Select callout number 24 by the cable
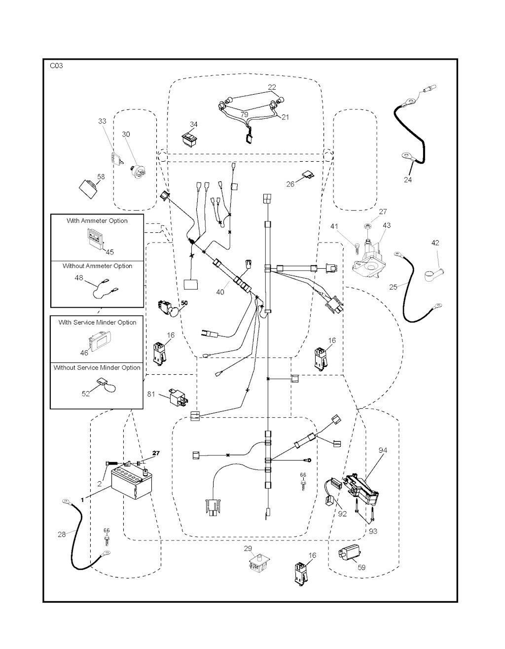407,180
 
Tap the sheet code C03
56,66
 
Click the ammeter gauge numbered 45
95,238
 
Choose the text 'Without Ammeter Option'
97,266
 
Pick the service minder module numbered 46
100,341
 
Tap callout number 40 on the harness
220,292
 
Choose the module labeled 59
350,554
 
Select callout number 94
383,450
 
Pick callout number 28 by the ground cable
62,534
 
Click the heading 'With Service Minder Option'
97,322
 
